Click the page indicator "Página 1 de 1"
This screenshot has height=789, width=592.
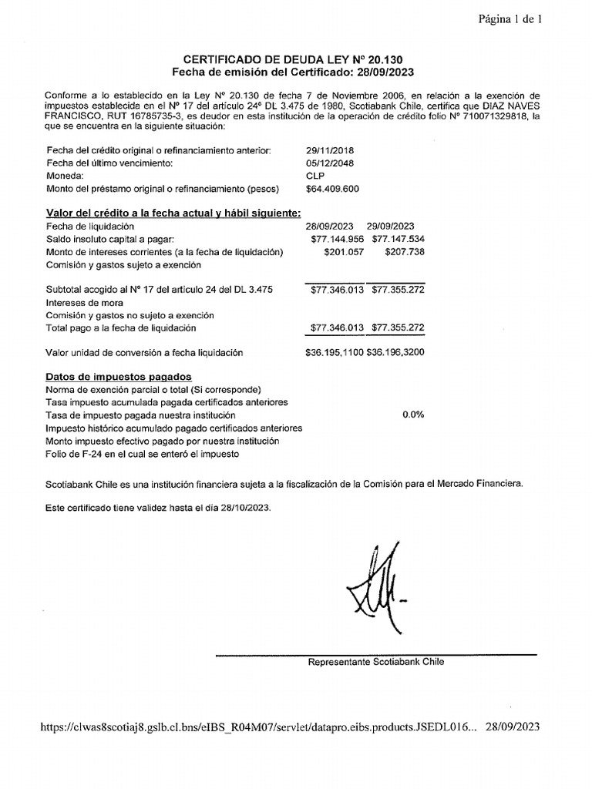pyautogui.click(x=511, y=21)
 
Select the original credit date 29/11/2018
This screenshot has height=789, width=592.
pyautogui.click(x=330, y=151)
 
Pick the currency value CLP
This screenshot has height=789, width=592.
pyautogui.click(x=315, y=176)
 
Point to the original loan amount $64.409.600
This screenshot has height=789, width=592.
pyautogui.click(x=332, y=188)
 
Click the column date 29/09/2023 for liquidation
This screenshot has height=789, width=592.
pyautogui.click(x=391, y=227)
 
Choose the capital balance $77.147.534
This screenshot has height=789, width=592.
pyautogui.click(x=398, y=239)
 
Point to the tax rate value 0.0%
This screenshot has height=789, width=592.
pyautogui.click(x=413, y=415)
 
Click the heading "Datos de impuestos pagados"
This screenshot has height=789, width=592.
pyautogui.click(x=119, y=378)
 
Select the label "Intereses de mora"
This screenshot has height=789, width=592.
pyautogui.click(x=84, y=303)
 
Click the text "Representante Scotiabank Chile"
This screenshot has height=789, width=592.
pyautogui.click(x=375, y=662)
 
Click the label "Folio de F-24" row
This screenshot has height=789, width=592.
pyautogui.click(x=143, y=454)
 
